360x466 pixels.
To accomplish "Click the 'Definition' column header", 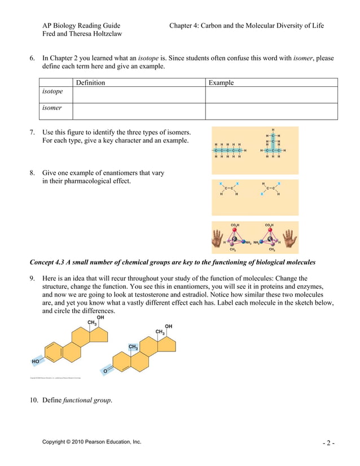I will [x=90, y=82].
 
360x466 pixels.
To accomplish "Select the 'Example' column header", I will [x=221, y=82].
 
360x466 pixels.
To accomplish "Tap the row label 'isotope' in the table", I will [x=52, y=91].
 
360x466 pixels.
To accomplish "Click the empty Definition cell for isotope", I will [x=138, y=95].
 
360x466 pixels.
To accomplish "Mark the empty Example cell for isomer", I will [x=271, y=111].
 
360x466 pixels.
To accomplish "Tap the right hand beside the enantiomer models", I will [x=289, y=239].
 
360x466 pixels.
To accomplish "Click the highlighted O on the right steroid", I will [x=105, y=371].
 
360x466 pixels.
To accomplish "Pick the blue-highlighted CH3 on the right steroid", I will [x=133, y=347].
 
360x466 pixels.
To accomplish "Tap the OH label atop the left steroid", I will [x=100, y=318].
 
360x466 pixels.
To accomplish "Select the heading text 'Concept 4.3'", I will [x=47, y=263].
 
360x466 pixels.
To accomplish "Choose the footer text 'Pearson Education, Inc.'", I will [x=109, y=442].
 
